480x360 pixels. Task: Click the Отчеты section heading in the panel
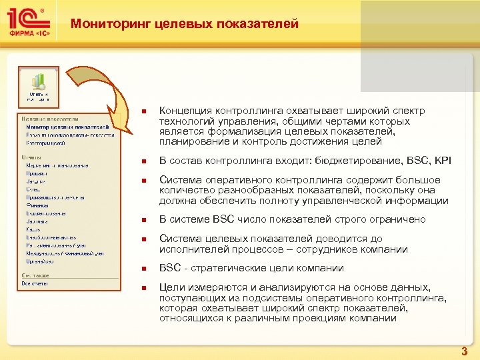pos(31,157)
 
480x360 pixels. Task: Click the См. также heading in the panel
pos(35,275)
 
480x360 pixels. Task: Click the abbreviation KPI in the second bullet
pos(441,161)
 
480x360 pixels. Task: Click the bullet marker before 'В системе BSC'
pos(143,221)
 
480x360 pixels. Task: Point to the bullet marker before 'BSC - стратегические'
pos(143,269)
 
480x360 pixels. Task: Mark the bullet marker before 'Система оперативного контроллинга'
pos(143,181)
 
